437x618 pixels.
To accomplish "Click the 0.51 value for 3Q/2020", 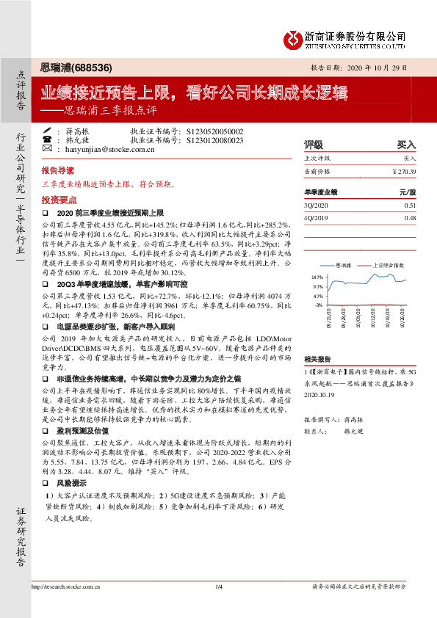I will [x=410, y=206].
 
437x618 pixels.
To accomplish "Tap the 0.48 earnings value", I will [x=410, y=218].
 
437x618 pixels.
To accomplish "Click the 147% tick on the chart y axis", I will [x=318, y=277].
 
